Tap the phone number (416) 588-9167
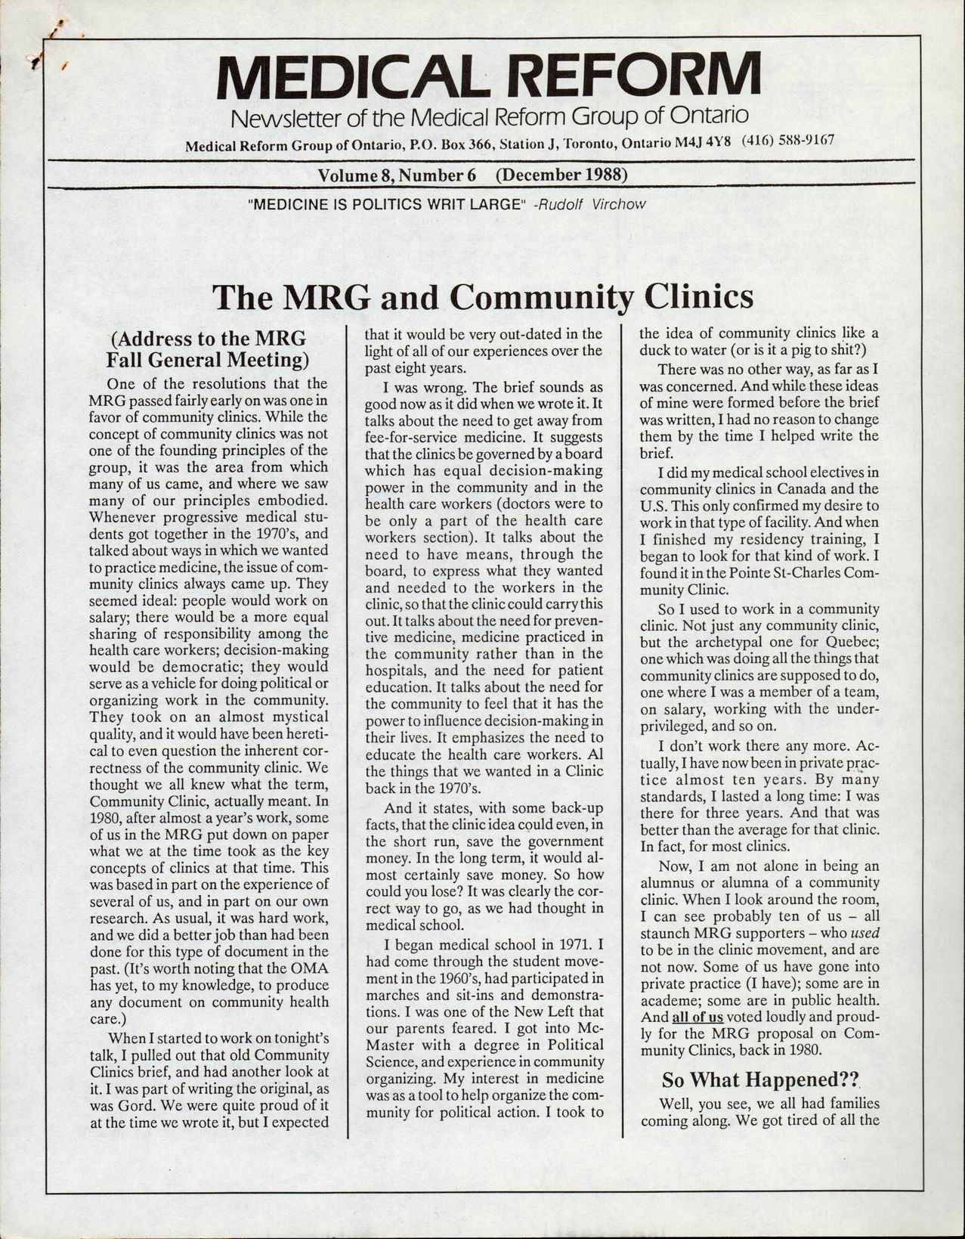788,141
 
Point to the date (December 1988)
562,175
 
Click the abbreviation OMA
309,968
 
